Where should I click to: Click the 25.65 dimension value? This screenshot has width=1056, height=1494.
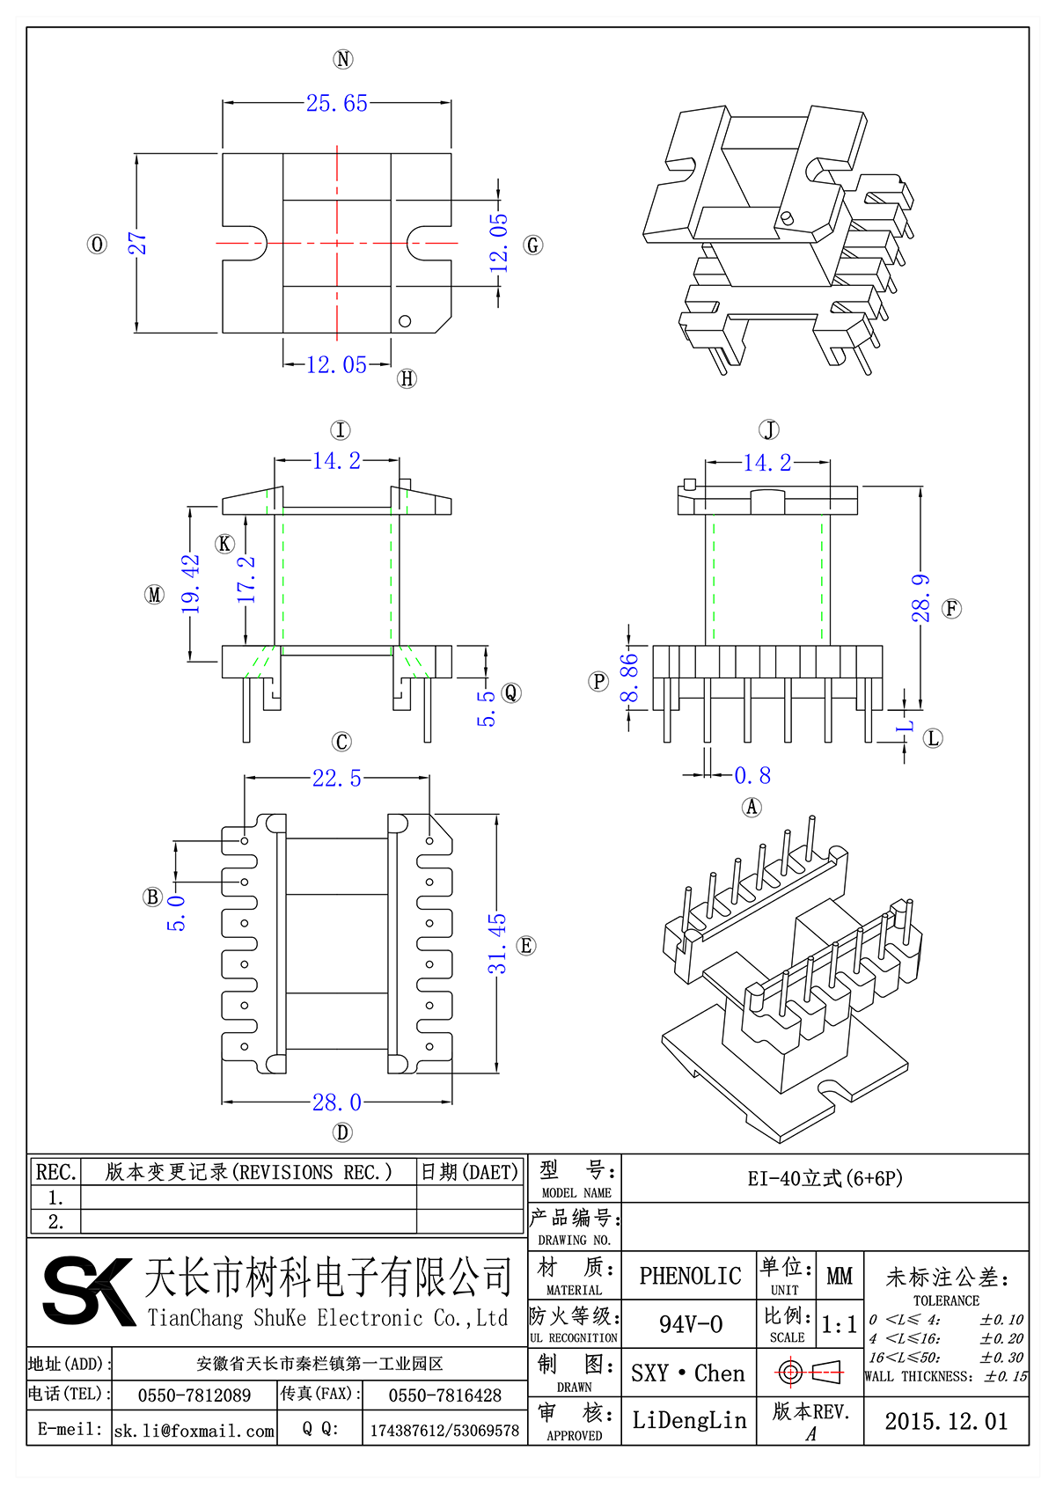pos(337,103)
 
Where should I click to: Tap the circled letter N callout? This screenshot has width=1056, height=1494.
pos(343,59)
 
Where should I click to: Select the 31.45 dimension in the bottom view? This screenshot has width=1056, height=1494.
pos(498,943)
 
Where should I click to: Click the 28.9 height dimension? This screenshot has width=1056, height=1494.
pos(920,598)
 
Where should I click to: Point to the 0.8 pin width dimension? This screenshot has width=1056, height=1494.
pos(752,775)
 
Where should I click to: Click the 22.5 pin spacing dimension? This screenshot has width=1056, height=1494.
pos(337,778)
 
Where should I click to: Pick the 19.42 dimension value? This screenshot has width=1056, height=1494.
pos(191,583)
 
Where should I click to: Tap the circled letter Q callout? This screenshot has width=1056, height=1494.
pos(511,693)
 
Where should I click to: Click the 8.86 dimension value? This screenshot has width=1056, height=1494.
pos(629,678)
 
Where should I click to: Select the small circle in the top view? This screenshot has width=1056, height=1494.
pos(405,320)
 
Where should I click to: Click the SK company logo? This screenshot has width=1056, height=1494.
pos(88,1291)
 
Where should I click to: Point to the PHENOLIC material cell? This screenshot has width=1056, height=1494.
pos(690,1276)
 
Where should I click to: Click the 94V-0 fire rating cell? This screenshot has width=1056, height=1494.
pos(691,1324)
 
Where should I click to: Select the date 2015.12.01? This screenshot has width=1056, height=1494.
pos(946,1421)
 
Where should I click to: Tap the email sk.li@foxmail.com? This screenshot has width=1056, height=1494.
pos(194,1431)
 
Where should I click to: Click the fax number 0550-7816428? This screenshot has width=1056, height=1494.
pos(444,1395)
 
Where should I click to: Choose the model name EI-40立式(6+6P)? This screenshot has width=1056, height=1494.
pos(825,1178)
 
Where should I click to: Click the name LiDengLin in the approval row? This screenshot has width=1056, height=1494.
pos(689,1420)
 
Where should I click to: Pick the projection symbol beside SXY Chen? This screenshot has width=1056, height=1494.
pos(810,1372)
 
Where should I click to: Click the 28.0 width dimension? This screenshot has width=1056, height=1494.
pos(337,1102)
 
